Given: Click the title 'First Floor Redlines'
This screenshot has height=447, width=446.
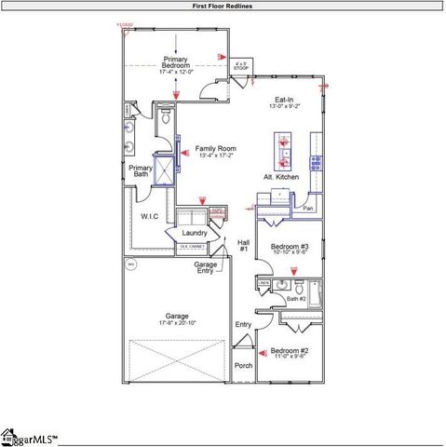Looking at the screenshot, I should click(222, 6).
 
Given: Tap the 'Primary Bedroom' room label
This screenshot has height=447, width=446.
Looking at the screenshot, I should click(175, 62).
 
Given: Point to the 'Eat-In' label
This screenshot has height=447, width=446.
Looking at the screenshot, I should click(285, 99).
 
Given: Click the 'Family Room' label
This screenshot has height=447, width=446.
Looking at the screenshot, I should click(215, 149).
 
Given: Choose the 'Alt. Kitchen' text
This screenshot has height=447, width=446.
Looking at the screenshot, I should click(280, 176).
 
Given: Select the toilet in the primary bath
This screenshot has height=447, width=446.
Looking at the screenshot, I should click(165, 118).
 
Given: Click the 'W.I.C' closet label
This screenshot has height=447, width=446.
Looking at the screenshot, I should click(150, 216).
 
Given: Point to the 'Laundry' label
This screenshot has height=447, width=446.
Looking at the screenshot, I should click(195, 232).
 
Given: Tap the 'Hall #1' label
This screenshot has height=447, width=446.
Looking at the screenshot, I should click(243, 245).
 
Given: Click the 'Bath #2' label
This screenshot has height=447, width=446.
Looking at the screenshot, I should click(296, 298).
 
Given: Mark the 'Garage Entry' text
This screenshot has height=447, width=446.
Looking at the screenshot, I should click(206, 267).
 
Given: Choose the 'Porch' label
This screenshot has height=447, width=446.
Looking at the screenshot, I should click(243, 365).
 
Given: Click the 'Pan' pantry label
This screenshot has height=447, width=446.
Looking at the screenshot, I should click(308, 208).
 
